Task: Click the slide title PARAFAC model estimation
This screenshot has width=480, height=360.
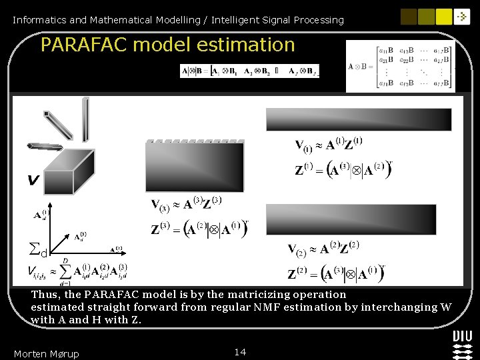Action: [167, 45]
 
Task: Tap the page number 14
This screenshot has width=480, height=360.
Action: [241, 351]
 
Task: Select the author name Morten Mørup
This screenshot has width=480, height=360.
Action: [46, 353]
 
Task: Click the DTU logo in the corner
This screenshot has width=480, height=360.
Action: [462, 343]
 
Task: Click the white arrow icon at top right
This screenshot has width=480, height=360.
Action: [462, 17]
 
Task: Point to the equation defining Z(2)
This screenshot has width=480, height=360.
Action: [336, 273]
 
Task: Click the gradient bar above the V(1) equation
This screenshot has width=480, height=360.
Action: [359, 119]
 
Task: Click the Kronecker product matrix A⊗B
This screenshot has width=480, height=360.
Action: [400, 66]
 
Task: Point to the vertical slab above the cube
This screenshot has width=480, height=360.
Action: [85, 119]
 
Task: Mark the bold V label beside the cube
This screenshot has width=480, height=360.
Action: [32, 180]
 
